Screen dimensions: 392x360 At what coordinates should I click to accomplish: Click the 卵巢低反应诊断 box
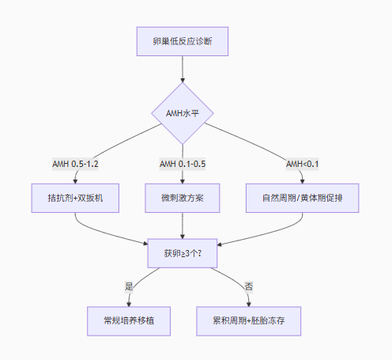pos(183,41)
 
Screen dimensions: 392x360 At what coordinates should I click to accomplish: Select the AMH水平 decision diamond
pos(183,113)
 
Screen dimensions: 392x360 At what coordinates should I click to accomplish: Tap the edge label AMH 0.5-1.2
pos(75,164)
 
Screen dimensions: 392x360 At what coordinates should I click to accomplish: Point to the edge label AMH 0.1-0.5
pos(183,164)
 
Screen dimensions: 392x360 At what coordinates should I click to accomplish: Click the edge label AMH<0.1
pos(303,164)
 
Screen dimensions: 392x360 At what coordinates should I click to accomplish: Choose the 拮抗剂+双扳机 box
pos(75,198)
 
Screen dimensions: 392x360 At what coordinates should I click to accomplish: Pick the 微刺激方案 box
pos(183,198)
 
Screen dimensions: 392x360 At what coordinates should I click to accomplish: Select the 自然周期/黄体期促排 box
pos(303,198)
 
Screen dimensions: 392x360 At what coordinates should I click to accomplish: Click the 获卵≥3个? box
pos(183,253)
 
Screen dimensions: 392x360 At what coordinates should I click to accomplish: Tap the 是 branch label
pos(129,286)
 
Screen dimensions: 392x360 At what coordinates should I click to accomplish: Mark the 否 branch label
pos(249,286)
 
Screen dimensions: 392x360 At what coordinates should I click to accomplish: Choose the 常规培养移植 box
pos(129,321)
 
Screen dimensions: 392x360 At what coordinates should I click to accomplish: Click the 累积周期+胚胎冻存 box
pos(249,321)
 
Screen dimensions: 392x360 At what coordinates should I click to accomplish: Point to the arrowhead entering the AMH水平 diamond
pos(183,80)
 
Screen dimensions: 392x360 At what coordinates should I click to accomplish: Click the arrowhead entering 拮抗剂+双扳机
pos(75,181)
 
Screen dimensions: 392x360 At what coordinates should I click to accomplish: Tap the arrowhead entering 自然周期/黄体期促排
pos(303,181)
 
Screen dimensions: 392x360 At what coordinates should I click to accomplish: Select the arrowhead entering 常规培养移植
pos(129,305)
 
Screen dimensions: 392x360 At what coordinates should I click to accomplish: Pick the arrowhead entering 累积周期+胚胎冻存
pos(249,305)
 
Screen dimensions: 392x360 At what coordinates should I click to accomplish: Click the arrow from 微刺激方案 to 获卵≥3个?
pos(183,225)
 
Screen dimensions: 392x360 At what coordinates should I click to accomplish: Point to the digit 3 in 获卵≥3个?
pos(187,254)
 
